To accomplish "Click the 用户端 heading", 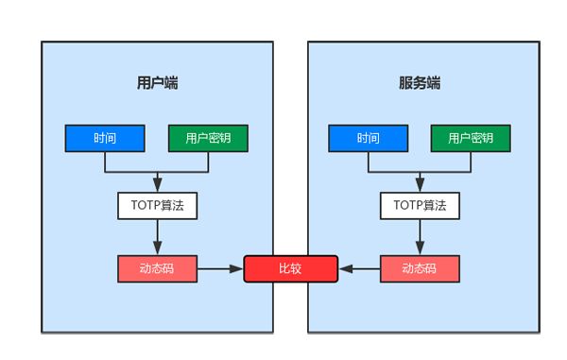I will pyautogui.click(x=158, y=82).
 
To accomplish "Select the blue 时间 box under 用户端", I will pyautogui.click(x=105, y=138).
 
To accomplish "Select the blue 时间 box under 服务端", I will pyautogui.click(x=368, y=138).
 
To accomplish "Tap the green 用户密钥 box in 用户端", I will pyautogui.click(x=208, y=138).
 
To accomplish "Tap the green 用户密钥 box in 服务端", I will pyautogui.click(x=471, y=138).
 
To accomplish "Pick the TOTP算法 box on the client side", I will pyautogui.click(x=157, y=205).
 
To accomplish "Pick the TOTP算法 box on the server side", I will pyautogui.click(x=420, y=205).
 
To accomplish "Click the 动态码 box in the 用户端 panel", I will pyautogui.click(x=157, y=268).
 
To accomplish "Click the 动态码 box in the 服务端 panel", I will pyautogui.click(x=420, y=268).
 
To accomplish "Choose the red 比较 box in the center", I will pyautogui.click(x=290, y=268).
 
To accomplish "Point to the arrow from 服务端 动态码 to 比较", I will pyautogui.click(x=360, y=268).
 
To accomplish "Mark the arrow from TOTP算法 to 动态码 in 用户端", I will pyautogui.click(x=157, y=236).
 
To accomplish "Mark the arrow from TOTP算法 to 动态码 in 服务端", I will pyautogui.click(x=420, y=236).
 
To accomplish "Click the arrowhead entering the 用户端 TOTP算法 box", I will pyautogui.click(x=157, y=186).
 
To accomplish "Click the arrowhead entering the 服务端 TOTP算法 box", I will pyautogui.click(x=420, y=186).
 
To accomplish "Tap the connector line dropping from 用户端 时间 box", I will pyautogui.click(x=105, y=163).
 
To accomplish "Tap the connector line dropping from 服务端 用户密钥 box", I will pyautogui.click(x=471, y=163).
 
